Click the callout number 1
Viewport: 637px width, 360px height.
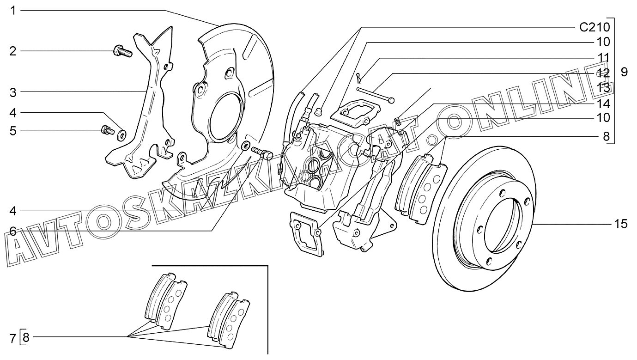13,11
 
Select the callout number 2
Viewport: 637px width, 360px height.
13,51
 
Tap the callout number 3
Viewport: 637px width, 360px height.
13,93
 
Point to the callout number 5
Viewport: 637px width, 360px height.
13,131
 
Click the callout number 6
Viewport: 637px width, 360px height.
13,231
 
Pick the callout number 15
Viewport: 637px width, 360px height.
621,224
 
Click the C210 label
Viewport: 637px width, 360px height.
595,27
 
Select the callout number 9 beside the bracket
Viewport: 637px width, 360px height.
624,72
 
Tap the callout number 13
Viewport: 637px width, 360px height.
603,88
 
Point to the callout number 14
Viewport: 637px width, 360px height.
603,104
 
